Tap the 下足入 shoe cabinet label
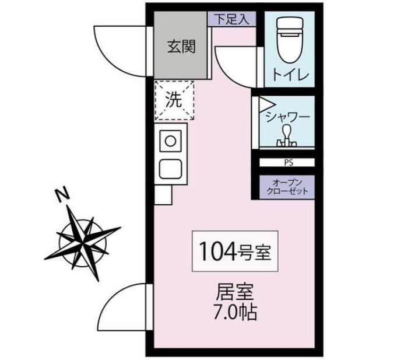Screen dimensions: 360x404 231,19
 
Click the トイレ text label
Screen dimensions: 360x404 289,75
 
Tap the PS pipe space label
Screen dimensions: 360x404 288,162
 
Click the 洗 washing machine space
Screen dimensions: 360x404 174,100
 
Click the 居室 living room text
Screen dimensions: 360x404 237,291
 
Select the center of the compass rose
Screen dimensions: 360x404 83,237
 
